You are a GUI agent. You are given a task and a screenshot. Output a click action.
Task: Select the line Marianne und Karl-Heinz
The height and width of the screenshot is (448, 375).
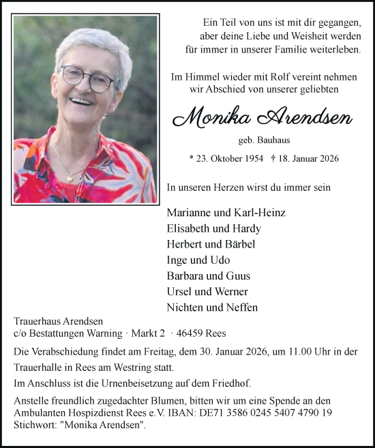(226, 213)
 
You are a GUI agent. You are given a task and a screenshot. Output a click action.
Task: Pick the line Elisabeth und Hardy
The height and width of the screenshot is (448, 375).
(213, 228)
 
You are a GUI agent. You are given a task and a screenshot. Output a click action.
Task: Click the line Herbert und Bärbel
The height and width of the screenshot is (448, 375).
(211, 244)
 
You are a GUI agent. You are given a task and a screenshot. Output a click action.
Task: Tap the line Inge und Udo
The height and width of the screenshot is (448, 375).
(198, 260)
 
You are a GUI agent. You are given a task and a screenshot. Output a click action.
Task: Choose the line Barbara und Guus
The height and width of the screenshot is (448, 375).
(208, 276)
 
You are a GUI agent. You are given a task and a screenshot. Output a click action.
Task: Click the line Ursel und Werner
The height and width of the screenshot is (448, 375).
(207, 292)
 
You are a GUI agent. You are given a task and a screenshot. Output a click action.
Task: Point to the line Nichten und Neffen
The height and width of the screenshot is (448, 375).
(212, 308)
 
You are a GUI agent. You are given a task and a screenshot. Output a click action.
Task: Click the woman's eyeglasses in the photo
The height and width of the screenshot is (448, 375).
(88, 78)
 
